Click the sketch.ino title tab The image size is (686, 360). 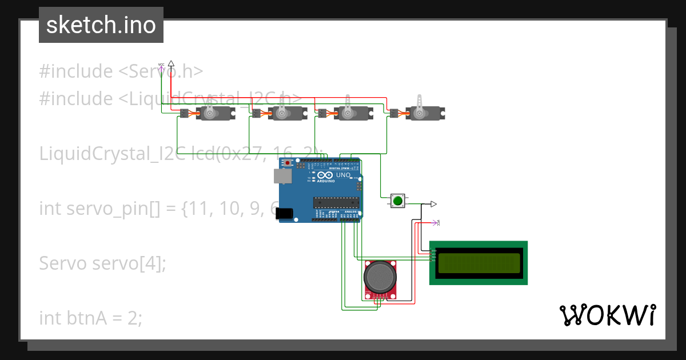pyautogui.click(x=101, y=25)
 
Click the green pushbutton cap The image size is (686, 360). pyautogui.click(x=397, y=201)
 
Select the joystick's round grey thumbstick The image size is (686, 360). pyautogui.click(x=379, y=277)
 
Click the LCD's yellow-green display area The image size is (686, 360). pyautogui.click(x=478, y=263)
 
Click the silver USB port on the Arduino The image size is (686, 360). pyautogui.click(x=282, y=176)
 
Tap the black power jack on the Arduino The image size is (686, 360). pyautogui.click(x=285, y=214)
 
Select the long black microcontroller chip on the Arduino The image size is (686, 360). pyautogui.click(x=336, y=201)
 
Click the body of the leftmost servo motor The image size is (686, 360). pyautogui.click(x=214, y=114)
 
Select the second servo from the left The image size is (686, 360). pyautogui.click(x=284, y=114)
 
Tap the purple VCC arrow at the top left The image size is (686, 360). pyautogui.click(x=161, y=67)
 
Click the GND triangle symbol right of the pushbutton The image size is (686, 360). pyautogui.click(x=433, y=204)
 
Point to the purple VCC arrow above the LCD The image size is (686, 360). pyautogui.click(x=436, y=222)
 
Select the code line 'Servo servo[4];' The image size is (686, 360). pyautogui.click(x=102, y=263)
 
